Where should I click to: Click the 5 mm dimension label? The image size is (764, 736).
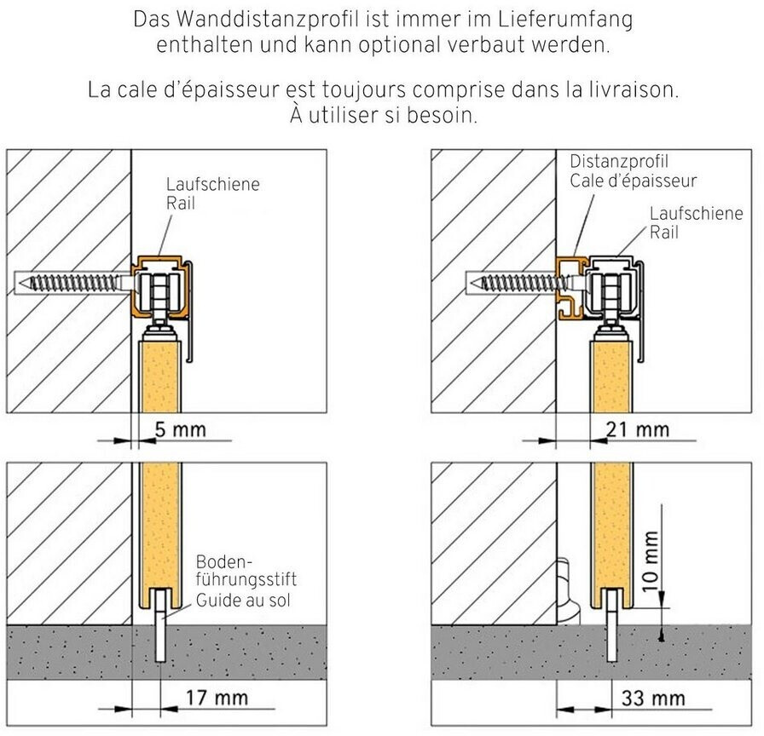click(x=180, y=430)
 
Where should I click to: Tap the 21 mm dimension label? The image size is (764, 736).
click(x=637, y=430)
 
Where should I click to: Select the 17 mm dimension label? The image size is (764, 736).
click(x=217, y=699)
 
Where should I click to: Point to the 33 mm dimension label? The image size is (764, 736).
click(x=653, y=699)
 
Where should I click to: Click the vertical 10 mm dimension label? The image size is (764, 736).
click(x=651, y=561)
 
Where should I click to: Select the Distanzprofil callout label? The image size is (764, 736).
click(x=619, y=162)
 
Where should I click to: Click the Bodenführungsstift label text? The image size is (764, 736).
click(x=246, y=571)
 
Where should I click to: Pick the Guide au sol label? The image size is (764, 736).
click(x=243, y=601)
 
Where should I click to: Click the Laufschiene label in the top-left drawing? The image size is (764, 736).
click(x=213, y=184)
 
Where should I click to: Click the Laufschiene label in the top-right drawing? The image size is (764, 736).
click(x=697, y=213)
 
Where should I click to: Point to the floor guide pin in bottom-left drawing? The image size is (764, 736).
click(x=160, y=625)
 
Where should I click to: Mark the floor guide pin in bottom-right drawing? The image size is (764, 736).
click(x=612, y=625)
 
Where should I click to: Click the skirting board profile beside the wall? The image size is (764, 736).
click(x=567, y=591)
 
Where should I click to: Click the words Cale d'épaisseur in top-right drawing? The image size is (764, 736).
click(x=634, y=181)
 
